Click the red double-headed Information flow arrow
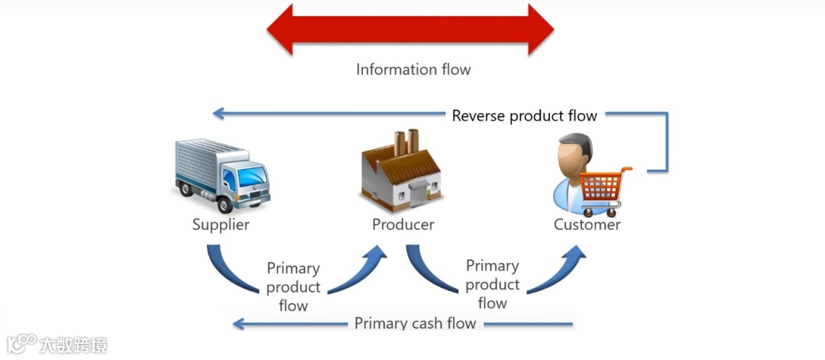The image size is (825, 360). pos(410,29)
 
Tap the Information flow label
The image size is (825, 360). pos(413,70)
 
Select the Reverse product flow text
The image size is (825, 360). pos(524,115)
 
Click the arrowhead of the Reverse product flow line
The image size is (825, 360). pos(218,114)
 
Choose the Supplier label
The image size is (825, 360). pos(220,225)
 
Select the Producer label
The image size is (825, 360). pos(403,225)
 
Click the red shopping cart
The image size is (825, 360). pos(603,187)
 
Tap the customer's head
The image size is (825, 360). pos(574,153)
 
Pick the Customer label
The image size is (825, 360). pos(587,225)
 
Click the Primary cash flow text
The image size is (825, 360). pos(415,323)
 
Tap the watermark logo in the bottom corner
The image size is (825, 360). pos(57,344)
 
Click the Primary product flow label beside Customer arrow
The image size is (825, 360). pos(492,284)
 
